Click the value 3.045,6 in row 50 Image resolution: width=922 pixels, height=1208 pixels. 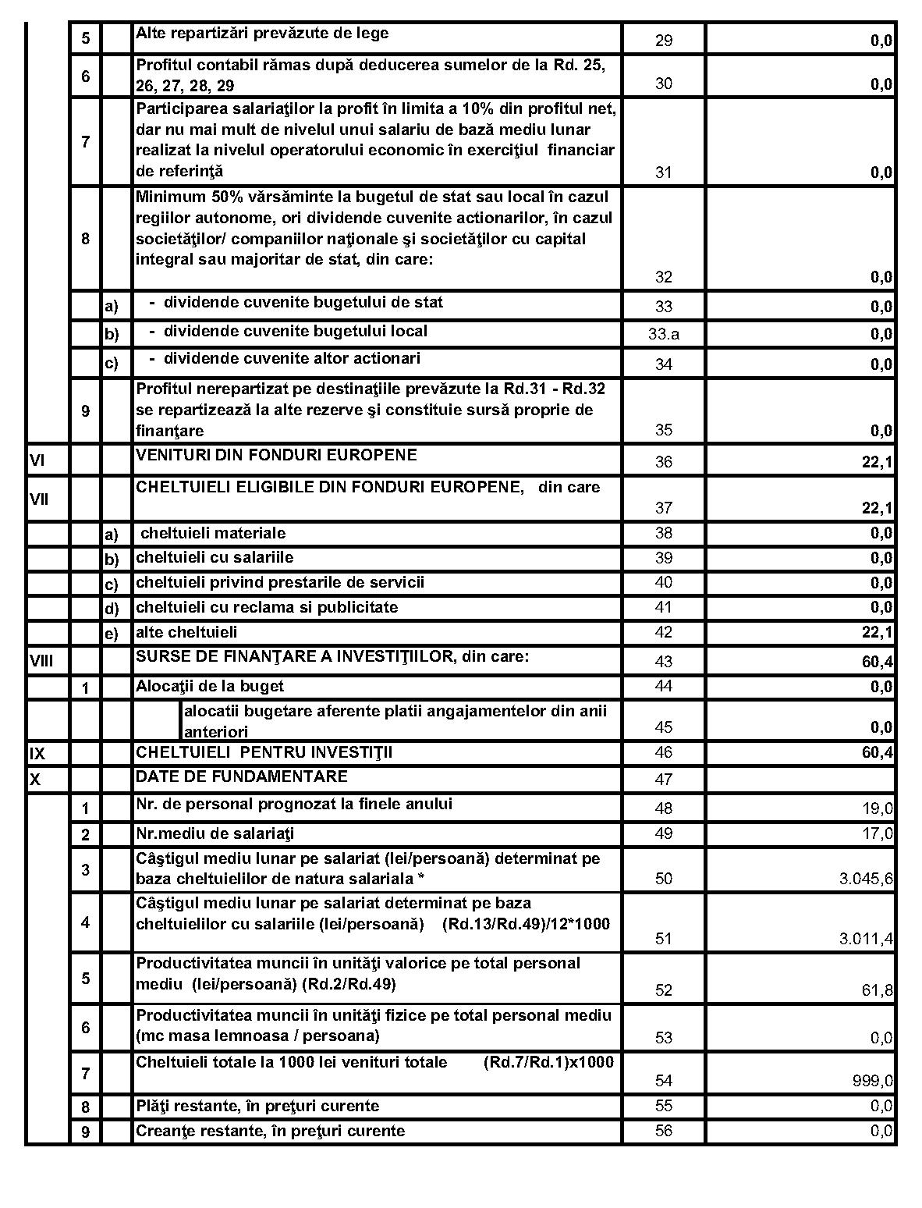click(x=866, y=879)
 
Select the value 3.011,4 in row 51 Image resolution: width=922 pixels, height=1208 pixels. click(x=866, y=940)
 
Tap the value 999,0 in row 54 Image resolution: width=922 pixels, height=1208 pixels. click(x=873, y=1082)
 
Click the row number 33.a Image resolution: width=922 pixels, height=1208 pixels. click(x=663, y=335)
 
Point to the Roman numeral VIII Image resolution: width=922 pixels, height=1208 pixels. click(x=41, y=662)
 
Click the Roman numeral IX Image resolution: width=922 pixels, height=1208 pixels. click(x=37, y=754)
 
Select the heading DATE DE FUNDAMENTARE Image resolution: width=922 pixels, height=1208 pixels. click(x=242, y=777)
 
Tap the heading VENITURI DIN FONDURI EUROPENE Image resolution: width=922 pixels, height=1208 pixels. click(x=276, y=455)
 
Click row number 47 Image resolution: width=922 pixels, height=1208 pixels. click(x=663, y=780)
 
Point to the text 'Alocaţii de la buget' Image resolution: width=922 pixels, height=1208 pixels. click(x=210, y=687)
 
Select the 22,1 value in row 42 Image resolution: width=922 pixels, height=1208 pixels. click(x=878, y=633)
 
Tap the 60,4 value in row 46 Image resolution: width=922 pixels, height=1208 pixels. click(x=878, y=754)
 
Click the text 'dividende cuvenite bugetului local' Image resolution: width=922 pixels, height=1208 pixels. click(x=295, y=332)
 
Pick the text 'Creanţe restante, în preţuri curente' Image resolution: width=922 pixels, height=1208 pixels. click(x=270, y=1131)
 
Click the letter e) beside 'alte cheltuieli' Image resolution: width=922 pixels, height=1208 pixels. click(x=112, y=634)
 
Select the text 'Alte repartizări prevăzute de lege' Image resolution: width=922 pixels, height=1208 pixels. click(x=262, y=34)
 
